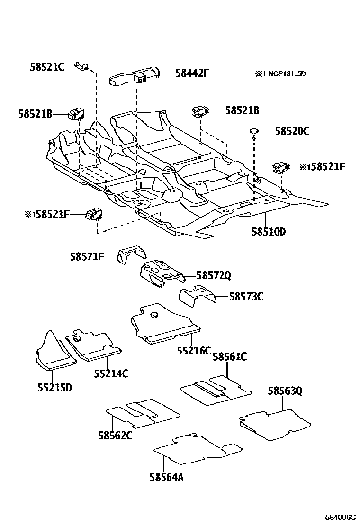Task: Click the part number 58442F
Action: pyautogui.click(x=192, y=73)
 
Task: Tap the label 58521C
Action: pyautogui.click(x=46, y=67)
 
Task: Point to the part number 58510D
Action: pyautogui.click(x=269, y=232)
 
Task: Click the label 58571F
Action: pyautogui.click(x=87, y=257)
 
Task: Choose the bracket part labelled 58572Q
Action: pyautogui.click(x=161, y=274)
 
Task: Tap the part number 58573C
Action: pyautogui.click(x=246, y=297)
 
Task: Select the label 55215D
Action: pyautogui.click(x=54, y=387)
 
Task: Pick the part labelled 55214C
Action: pyautogui.click(x=93, y=347)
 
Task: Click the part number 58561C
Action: pyautogui.click(x=230, y=356)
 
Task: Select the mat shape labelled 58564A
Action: pyautogui.click(x=194, y=448)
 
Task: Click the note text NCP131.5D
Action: pyautogui.click(x=285, y=73)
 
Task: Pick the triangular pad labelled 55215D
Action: pyautogui.click(x=54, y=353)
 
